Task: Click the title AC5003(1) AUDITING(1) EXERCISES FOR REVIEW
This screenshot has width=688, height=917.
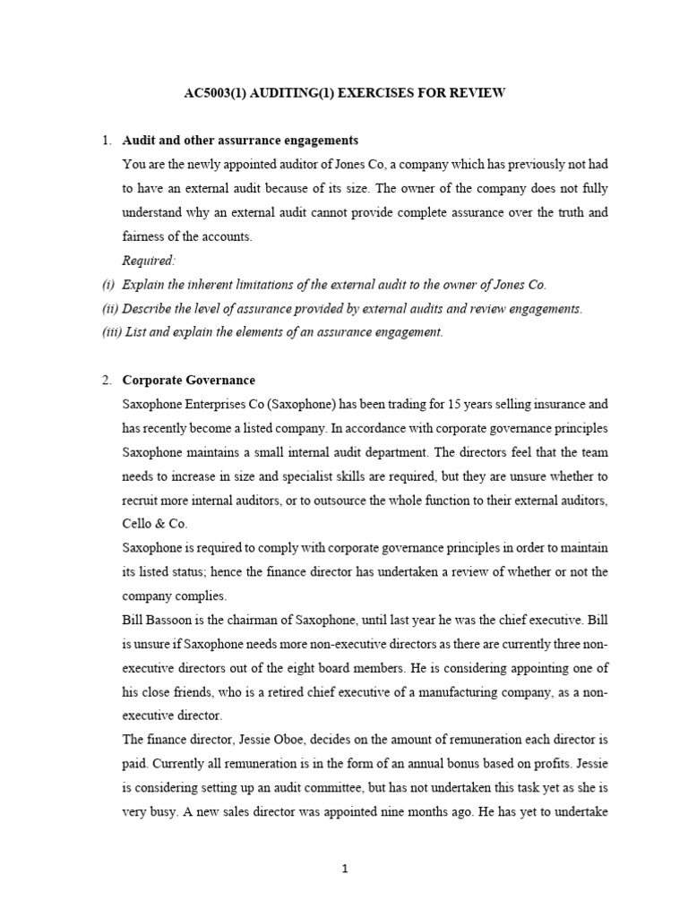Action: coord(344,93)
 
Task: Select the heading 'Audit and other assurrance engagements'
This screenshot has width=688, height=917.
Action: coord(240,141)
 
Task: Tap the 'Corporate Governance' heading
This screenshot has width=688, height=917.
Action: coord(188,380)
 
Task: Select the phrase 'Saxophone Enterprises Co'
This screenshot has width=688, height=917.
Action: coord(190,404)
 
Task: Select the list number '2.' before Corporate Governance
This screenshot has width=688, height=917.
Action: coord(107,380)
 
